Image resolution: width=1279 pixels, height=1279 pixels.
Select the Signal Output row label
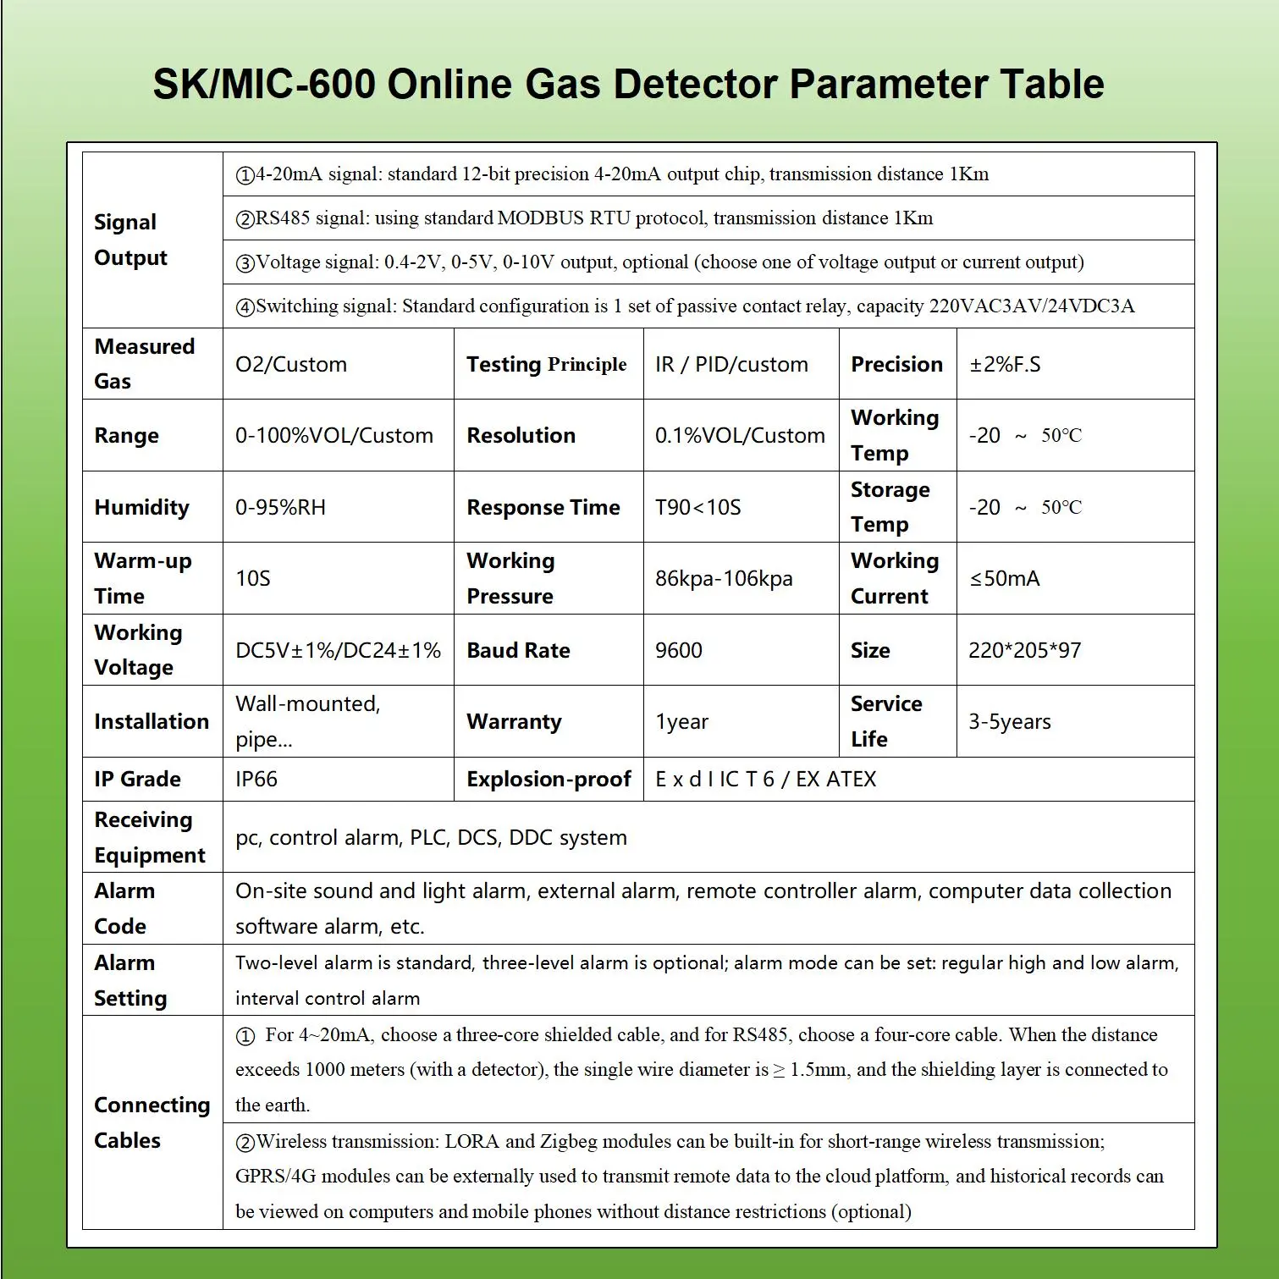[x=130, y=240]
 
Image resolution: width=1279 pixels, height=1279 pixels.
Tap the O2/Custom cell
[x=291, y=365]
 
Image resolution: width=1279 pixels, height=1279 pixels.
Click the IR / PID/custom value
[x=731, y=365]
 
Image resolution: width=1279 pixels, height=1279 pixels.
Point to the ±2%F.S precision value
[x=1005, y=365]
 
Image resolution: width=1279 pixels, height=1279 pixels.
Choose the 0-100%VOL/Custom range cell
[x=334, y=436]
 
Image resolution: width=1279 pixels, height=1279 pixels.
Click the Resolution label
[x=521, y=436]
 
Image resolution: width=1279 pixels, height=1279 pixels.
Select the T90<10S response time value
[x=698, y=508]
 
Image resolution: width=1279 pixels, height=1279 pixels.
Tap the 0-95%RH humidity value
[x=280, y=508]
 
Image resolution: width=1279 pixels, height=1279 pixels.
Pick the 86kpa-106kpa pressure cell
[x=724, y=579]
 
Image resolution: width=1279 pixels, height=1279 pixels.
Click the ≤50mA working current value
[x=1004, y=579]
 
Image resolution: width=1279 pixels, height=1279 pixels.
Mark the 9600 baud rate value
[x=679, y=651]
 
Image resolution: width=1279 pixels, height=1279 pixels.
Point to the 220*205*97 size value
[x=1024, y=651]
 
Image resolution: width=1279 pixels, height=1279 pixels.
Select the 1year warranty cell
[x=681, y=722]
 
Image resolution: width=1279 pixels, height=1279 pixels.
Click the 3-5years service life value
[x=1009, y=722]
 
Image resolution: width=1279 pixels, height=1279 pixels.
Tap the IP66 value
[x=256, y=780]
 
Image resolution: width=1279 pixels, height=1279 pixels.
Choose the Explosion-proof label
[x=549, y=780]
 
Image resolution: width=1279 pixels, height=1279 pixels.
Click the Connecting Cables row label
[x=152, y=1122]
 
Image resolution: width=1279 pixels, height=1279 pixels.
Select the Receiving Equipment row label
[x=150, y=837]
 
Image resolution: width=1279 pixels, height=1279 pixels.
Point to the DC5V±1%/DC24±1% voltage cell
[x=338, y=651]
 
